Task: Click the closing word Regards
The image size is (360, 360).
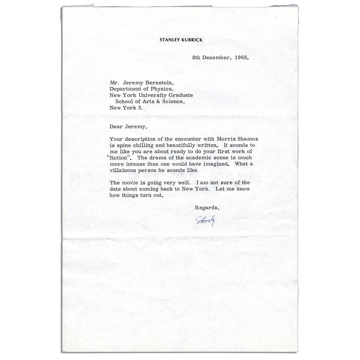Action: (x=208, y=207)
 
